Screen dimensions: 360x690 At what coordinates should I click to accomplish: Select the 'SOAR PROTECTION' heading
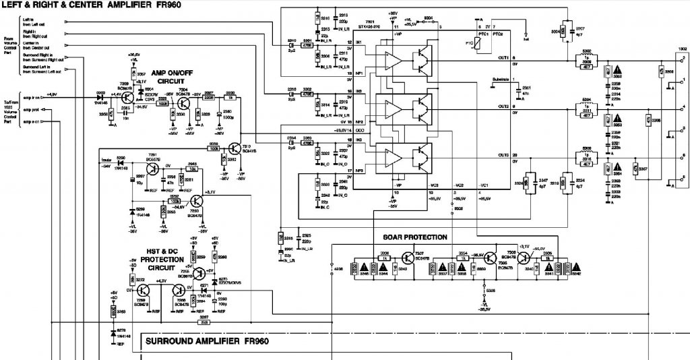pyautogui.click(x=414, y=237)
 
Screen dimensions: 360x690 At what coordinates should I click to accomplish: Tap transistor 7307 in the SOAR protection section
pyautogui.click(x=408, y=259)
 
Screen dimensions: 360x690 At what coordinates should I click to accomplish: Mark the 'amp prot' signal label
pyautogui.click(x=30, y=109)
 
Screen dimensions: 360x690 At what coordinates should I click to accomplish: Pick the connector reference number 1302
pyautogui.click(x=682, y=49)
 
